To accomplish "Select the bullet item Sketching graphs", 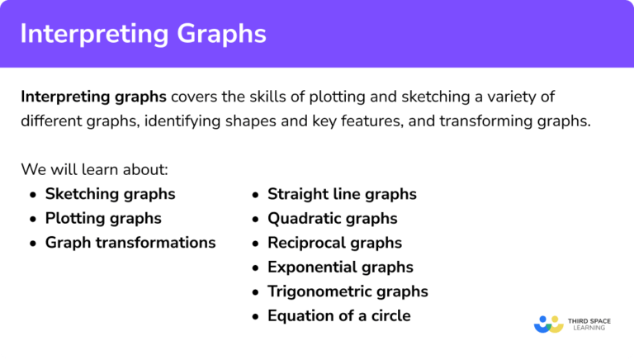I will [110, 195].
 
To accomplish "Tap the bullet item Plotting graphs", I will [103, 219].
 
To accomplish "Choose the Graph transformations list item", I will [130, 243].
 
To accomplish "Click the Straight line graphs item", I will [342, 195].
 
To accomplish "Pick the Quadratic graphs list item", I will [332, 219].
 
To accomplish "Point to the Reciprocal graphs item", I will [334, 243].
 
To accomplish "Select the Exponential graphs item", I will [340, 267].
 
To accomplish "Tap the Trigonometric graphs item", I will [348, 291].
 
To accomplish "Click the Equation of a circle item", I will [338, 315].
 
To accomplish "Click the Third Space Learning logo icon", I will [548, 324].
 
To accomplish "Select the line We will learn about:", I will [95, 170].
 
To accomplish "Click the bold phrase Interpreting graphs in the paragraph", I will [93, 97].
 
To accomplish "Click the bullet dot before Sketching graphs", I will [32, 196].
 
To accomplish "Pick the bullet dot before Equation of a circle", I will [255, 316].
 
